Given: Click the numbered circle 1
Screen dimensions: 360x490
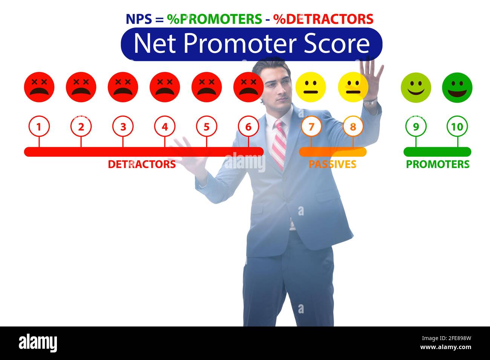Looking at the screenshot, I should (39, 127).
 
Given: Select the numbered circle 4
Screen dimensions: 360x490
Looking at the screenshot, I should (164, 127).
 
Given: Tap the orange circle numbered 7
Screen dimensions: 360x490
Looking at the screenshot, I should (311, 127).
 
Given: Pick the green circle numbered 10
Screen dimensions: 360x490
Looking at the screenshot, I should (457, 127).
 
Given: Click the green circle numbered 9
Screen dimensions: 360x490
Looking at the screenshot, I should (416, 127).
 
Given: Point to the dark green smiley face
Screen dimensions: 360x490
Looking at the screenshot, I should (457, 88).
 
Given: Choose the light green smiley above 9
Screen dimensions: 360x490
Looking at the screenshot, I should (416, 88).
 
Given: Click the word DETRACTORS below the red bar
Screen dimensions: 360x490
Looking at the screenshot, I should (142, 164).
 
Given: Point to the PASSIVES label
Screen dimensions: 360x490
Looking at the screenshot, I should (332, 164).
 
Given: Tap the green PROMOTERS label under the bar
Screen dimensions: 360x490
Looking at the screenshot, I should (438, 164).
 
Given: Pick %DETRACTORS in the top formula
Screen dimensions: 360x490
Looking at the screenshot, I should (323, 19).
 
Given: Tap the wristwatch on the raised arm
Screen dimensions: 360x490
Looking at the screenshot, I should (371, 102).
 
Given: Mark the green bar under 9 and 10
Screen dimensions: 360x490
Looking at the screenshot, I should (437, 152).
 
